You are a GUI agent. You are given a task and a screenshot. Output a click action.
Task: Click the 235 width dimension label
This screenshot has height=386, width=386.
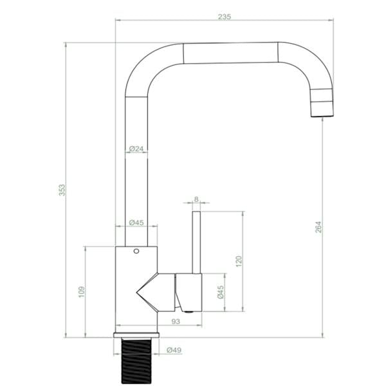(x=225, y=17)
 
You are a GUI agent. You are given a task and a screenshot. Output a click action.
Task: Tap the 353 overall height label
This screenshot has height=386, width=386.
(x=62, y=190)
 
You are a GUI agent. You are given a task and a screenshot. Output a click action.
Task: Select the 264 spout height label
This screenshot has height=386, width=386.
(x=318, y=227)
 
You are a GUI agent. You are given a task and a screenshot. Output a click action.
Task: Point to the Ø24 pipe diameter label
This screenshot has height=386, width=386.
(x=136, y=149)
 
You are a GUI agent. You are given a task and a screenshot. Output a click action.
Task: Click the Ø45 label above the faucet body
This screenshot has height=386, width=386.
(x=136, y=223)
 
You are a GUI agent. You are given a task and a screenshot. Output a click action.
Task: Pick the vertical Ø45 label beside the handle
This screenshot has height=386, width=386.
(x=221, y=292)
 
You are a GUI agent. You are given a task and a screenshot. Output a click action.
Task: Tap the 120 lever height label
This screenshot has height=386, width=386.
(x=239, y=261)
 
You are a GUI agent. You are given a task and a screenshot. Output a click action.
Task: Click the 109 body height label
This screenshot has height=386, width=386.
(x=82, y=292)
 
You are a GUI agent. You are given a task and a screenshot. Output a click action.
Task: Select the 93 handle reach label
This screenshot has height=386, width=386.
(x=176, y=322)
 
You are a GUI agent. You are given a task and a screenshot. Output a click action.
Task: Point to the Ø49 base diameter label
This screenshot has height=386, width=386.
(x=174, y=350)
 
